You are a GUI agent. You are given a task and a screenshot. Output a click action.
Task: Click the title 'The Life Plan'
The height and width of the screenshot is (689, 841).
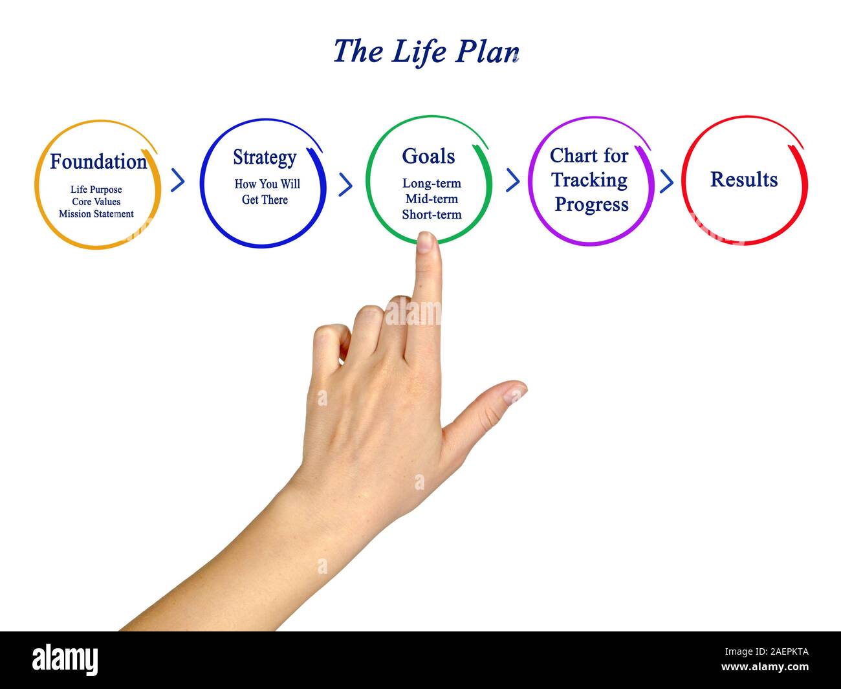426,52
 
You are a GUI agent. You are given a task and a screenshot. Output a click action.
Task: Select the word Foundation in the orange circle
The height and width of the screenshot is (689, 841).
98,162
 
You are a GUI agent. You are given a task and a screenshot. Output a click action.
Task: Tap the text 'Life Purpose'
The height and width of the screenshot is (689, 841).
96,190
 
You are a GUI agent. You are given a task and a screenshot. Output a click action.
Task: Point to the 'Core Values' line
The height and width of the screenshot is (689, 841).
96,202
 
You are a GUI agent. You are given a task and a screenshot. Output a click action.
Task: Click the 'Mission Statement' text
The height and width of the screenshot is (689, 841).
96,214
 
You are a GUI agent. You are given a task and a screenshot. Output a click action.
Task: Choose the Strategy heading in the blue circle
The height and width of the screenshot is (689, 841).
265,157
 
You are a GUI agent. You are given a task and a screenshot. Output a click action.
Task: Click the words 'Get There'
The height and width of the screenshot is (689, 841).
265,200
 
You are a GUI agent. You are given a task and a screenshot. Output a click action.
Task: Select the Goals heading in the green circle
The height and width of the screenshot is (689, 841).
428,156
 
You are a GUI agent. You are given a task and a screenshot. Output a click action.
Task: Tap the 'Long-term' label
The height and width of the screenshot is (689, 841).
431,184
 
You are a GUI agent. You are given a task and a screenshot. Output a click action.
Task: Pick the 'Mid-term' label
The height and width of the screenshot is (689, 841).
431,199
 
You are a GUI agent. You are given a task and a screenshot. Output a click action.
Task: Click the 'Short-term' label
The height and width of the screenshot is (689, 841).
431,215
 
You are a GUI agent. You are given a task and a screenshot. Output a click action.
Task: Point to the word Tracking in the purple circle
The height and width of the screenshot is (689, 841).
589,180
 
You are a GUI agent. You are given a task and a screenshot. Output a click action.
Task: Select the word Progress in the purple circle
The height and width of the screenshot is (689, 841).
591,204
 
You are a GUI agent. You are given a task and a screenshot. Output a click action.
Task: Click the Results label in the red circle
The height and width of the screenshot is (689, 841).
744,179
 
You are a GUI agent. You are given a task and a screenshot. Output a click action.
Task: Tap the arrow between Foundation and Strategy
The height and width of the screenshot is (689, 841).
178,180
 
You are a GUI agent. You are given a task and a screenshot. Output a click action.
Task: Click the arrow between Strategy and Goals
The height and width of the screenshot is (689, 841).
346,184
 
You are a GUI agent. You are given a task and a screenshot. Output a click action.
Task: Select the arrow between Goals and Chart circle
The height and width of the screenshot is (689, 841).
512,180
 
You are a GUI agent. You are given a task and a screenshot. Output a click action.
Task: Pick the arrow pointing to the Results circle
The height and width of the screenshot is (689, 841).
666,181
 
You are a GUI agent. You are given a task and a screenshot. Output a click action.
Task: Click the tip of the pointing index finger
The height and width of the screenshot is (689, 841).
426,241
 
